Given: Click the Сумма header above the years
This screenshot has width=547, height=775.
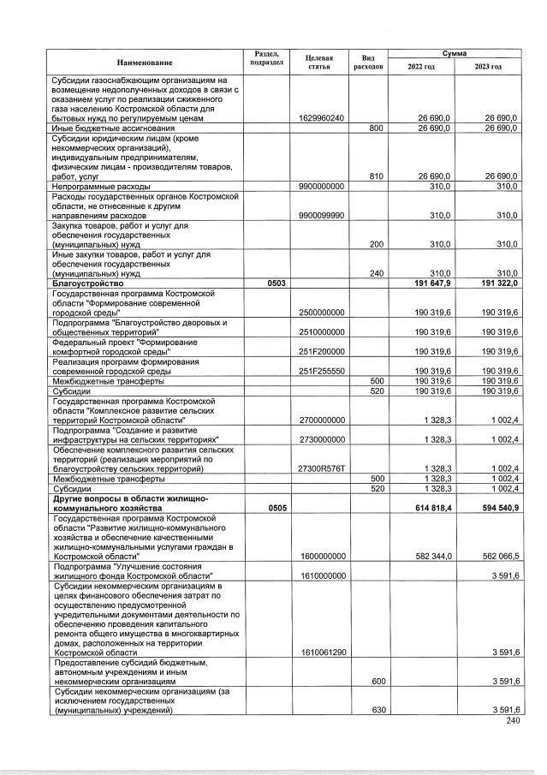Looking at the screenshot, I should (455, 53).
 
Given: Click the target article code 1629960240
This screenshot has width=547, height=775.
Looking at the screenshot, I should (322, 118).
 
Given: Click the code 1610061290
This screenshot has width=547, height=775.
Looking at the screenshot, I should (322, 652).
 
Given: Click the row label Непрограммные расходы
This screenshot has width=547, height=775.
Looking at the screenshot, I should (101, 186).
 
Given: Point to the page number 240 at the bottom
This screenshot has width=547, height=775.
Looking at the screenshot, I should (513, 721).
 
